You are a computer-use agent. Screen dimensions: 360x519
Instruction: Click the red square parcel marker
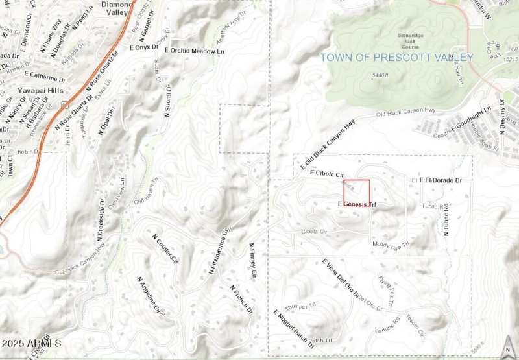click(356, 193)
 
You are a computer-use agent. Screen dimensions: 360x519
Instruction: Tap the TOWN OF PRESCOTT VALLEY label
click(396, 57)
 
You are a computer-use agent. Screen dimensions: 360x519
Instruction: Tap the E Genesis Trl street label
click(357, 205)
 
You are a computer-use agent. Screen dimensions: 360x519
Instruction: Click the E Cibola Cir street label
click(326, 174)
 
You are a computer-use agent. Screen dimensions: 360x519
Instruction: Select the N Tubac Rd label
click(447, 220)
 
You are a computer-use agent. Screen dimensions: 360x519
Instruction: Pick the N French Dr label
click(241, 300)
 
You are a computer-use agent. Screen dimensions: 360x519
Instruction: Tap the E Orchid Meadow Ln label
click(195, 51)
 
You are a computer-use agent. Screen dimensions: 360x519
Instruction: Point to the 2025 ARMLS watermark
click(31, 342)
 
